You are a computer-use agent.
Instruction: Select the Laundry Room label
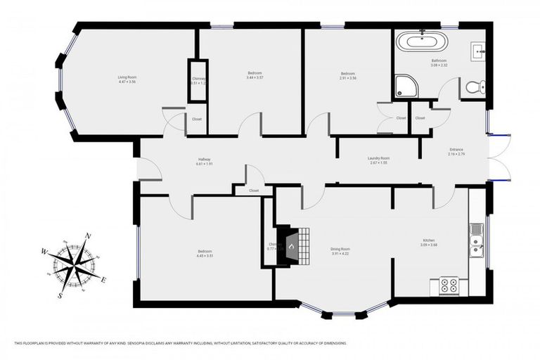tap(378, 159)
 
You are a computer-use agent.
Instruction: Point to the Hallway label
tap(204, 160)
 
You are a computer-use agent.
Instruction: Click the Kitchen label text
tap(429, 240)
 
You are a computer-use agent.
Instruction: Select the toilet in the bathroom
tap(474, 88)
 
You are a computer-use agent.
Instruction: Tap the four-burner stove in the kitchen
tap(449, 285)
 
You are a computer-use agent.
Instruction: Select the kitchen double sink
tap(476, 238)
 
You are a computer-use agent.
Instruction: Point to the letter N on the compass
tap(87, 236)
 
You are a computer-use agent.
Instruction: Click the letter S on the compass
tap(60, 295)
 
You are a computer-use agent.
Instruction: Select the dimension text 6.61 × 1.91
tap(204, 165)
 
